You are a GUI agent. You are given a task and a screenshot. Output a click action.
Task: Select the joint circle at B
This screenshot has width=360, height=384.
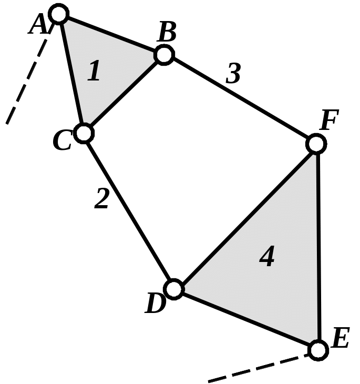163,54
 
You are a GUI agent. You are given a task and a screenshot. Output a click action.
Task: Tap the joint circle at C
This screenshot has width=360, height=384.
84,133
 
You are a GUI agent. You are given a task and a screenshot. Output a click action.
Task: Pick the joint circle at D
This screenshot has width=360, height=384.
173,289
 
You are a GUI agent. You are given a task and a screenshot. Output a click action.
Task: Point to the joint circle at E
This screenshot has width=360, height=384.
317,349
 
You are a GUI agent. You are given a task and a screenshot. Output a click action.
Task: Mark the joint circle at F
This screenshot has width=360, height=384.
315,143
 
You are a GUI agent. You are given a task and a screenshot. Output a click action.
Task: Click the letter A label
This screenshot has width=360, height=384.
38,24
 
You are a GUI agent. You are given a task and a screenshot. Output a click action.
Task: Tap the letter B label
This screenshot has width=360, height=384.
167,34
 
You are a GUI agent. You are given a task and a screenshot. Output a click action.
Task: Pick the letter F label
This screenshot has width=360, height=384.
330,122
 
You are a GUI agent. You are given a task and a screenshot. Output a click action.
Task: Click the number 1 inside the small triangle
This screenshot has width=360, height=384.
94,71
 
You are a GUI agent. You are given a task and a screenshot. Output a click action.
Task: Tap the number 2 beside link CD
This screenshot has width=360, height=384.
101,199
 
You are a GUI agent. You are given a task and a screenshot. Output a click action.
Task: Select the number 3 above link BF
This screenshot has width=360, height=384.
233,74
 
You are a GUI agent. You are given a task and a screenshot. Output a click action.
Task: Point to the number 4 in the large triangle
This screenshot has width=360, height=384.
267,257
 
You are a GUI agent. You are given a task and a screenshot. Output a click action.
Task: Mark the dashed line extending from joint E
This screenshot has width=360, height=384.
258,368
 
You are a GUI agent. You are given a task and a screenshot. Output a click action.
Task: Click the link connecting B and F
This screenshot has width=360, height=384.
239,98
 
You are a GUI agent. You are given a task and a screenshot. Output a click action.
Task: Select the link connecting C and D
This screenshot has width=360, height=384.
128,210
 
